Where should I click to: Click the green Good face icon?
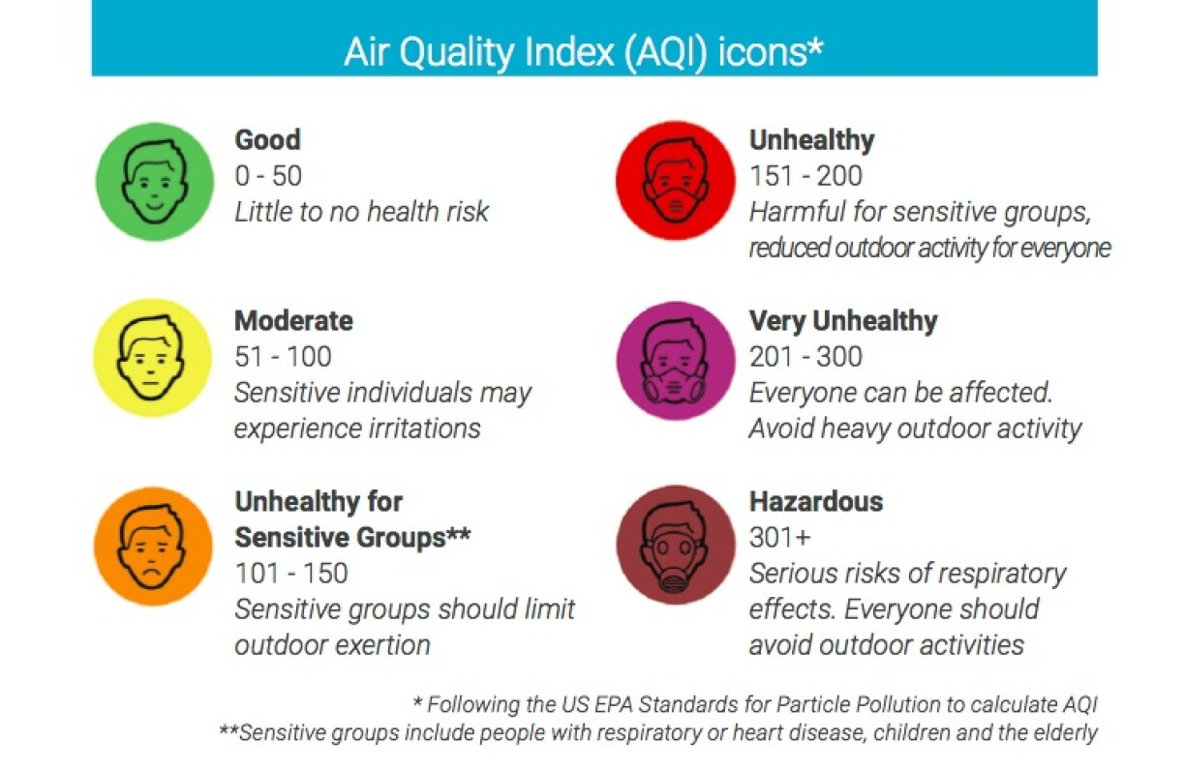point(155,181)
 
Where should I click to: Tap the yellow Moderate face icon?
point(153,358)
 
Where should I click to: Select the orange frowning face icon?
point(153,546)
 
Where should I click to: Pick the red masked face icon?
point(676,180)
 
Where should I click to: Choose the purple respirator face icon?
point(676,361)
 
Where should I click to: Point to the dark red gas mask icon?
point(676,545)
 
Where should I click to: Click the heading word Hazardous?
point(816,501)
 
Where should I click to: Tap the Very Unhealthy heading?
point(843,321)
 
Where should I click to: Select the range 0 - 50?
point(268,176)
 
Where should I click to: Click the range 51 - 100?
point(283,356)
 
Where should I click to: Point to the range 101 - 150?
point(291,574)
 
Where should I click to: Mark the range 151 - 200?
point(805,176)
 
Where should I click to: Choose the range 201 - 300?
point(805,356)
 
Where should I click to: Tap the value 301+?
point(780,537)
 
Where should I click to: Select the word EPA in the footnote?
point(615,704)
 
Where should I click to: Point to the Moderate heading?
point(293,321)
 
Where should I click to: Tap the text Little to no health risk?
point(361,212)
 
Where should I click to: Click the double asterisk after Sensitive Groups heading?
point(458,533)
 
